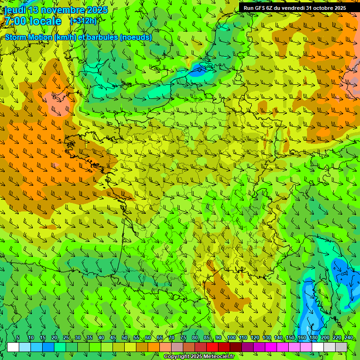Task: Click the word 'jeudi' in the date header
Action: point(15,10)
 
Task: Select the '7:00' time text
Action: point(15,21)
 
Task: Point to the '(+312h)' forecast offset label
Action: point(83,21)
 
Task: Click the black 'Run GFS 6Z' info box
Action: point(294,7)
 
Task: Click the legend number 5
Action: point(18,337)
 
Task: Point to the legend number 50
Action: point(125,337)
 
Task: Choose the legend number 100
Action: point(231,337)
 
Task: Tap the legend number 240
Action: point(348,337)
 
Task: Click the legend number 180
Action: point(313,337)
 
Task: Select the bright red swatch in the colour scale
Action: point(212,347)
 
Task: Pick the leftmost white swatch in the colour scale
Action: point(13,347)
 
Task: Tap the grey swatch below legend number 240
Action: point(341,347)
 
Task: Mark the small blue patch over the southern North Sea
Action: point(198,72)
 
